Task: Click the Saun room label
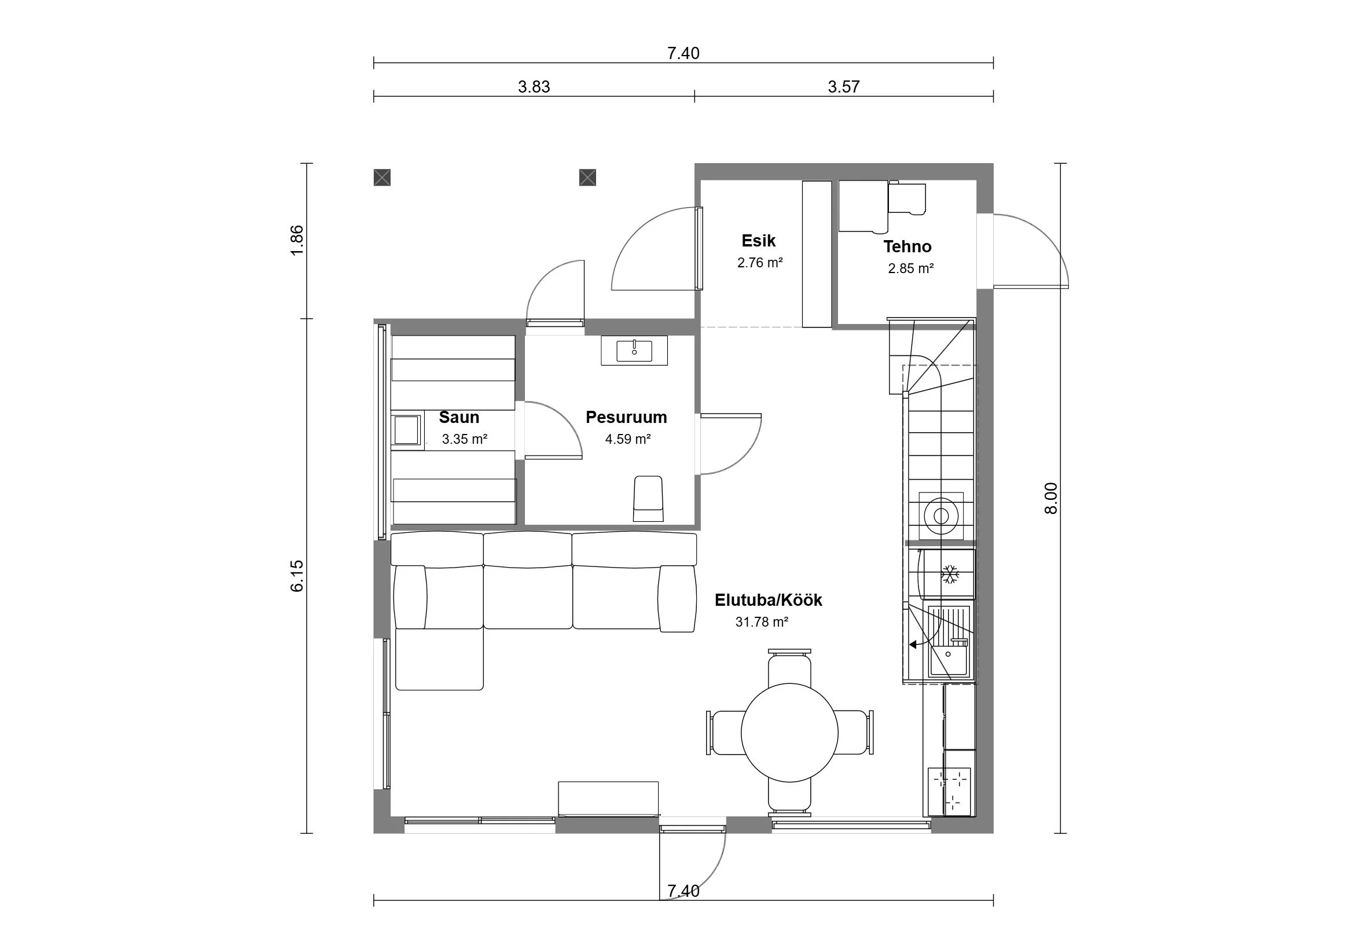[x=459, y=417]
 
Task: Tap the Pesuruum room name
[x=626, y=417]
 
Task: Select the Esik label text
[x=758, y=241]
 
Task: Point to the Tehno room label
[x=907, y=246]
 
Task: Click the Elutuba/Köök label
[x=768, y=601]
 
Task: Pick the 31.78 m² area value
[x=762, y=623]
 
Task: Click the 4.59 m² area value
[x=628, y=439]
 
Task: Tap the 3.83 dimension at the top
[x=534, y=87]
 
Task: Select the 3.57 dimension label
[x=843, y=87]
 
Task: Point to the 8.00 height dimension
[x=1050, y=498]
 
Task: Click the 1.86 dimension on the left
[x=297, y=240]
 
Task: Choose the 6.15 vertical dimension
[x=297, y=576]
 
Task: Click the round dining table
[x=789, y=732]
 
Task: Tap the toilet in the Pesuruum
[x=648, y=499]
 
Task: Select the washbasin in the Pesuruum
[x=634, y=351]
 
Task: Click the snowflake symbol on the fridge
[x=950, y=574]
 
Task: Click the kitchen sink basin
[x=950, y=655]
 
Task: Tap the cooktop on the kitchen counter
[x=949, y=791]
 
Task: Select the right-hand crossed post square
[x=587, y=177]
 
